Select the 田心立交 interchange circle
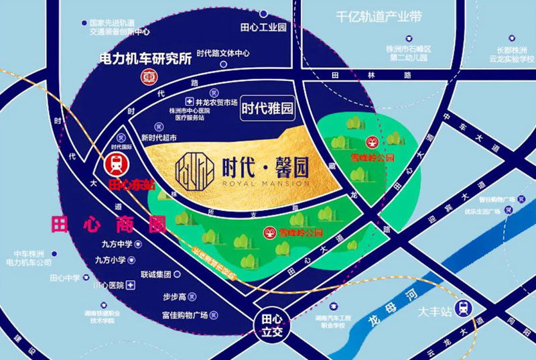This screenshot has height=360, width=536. tap(271, 324)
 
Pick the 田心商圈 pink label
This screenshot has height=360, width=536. tap(108, 225)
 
